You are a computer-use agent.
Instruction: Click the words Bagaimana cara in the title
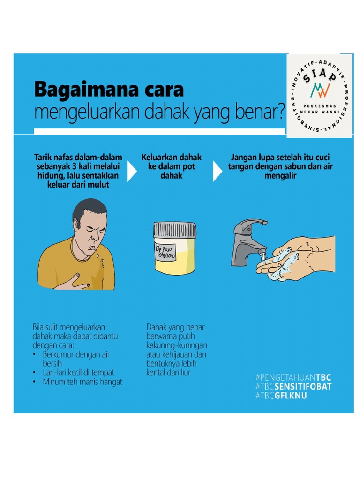109,89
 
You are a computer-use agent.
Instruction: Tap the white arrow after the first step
132,172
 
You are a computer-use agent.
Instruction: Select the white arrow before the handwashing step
217,172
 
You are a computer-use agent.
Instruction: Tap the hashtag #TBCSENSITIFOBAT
293,386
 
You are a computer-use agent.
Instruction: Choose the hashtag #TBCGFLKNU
281,396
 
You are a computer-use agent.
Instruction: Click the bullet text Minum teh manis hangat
82,382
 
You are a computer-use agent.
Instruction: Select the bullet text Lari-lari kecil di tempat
78,372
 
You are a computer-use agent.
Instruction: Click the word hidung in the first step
50,175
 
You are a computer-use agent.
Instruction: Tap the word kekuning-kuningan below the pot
177,345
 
